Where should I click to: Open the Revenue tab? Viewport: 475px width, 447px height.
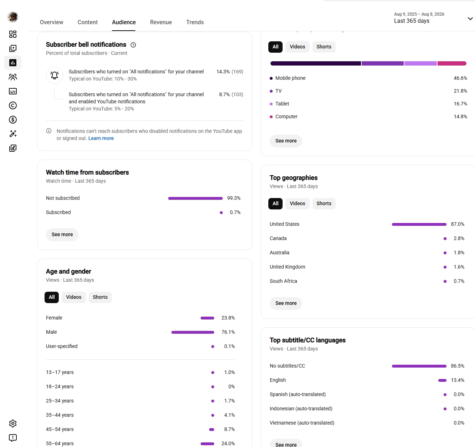click(x=161, y=22)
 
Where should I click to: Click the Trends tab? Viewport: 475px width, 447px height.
click(x=195, y=22)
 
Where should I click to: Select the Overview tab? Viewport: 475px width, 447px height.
click(x=51, y=22)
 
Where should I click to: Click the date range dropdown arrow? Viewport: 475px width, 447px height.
click(x=470, y=19)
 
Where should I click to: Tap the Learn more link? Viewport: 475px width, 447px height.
click(x=101, y=138)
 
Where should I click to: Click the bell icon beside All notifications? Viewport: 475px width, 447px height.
click(x=55, y=76)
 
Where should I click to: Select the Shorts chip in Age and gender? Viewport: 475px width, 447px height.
click(x=100, y=297)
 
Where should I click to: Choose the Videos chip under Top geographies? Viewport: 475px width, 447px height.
click(x=297, y=203)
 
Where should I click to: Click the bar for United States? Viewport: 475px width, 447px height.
click(x=419, y=224)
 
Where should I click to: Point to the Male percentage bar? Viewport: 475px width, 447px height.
click(x=192, y=332)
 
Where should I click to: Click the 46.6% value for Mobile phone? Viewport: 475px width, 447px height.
click(x=460, y=78)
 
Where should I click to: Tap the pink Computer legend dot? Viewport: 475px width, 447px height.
click(x=271, y=117)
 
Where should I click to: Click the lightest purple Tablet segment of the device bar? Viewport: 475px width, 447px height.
click(x=420, y=63)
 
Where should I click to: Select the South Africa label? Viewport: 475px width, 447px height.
click(x=283, y=281)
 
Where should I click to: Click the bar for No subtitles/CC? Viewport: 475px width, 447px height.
click(x=419, y=366)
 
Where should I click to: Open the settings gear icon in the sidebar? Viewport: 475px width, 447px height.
click(x=13, y=423)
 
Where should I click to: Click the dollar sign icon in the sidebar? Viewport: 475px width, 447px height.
click(x=13, y=120)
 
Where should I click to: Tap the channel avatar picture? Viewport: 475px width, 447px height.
click(x=13, y=17)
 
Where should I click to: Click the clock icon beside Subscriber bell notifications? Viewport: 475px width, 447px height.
click(x=133, y=45)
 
